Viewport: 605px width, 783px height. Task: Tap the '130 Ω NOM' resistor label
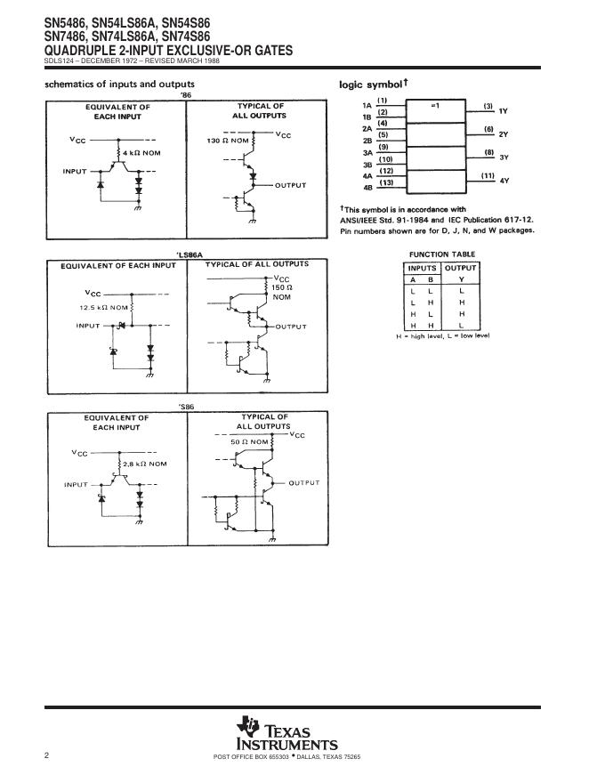tap(228, 141)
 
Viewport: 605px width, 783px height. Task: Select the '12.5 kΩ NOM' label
tap(103, 307)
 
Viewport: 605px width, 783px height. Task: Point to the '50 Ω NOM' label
tap(248, 441)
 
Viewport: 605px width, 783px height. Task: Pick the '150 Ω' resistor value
tap(282, 287)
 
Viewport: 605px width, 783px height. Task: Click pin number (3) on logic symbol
tap(488, 106)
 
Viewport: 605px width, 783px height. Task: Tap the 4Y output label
tap(504, 181)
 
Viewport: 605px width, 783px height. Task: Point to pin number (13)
tap(386, 182)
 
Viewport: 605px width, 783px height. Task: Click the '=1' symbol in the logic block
tap(435, 106)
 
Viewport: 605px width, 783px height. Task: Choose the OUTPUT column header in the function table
tap(460, 268)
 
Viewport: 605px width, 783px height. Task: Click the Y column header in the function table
tap(460, 279)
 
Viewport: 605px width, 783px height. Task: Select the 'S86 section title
tap(185, 406)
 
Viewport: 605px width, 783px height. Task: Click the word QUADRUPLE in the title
tap(81, 51)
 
